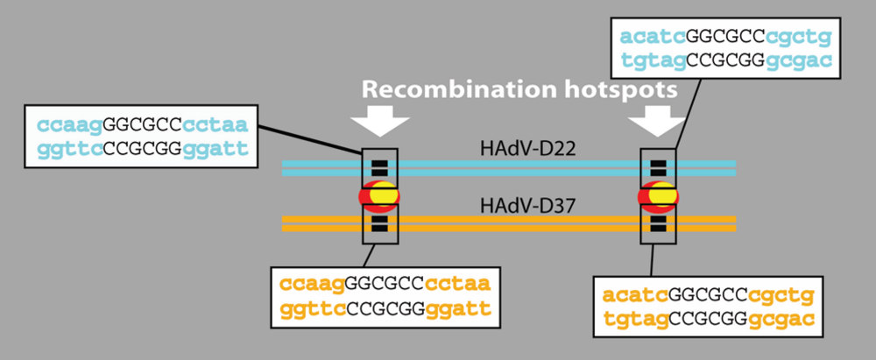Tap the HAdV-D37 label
514,207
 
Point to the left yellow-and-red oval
379,195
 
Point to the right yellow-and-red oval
660,195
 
